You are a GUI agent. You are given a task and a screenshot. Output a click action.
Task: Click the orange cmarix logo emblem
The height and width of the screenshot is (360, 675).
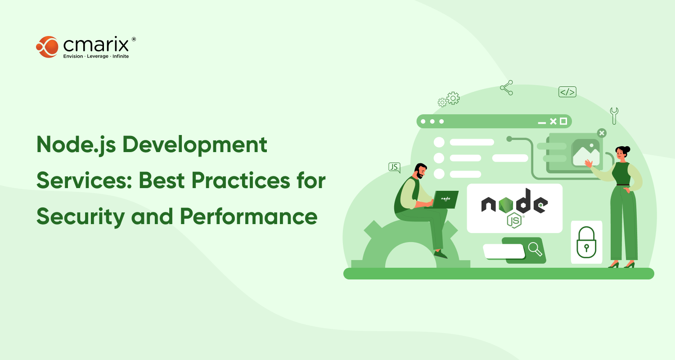[47, 47]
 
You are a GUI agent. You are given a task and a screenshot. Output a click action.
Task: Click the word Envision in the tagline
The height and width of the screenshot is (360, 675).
[73, 56]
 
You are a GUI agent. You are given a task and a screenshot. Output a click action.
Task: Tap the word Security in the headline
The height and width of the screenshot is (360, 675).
[81, 217]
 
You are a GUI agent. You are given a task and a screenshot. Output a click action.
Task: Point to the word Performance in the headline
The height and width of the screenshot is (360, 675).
[248, 216]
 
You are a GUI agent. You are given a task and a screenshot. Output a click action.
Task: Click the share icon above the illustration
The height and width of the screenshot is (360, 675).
[507, 88]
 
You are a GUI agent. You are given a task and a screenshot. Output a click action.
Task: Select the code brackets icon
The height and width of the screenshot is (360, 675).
[567, 92]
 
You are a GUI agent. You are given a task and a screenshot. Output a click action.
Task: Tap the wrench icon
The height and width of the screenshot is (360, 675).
[614, 116]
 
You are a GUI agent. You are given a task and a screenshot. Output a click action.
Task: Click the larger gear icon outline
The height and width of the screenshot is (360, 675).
[453, 98]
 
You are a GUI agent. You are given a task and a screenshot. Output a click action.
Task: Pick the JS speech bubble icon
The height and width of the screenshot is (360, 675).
[395, 167]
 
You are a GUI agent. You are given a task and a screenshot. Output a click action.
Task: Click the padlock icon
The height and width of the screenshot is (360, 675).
[586, 243]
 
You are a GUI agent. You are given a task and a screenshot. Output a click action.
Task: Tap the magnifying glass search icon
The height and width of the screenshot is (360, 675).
[535, 249]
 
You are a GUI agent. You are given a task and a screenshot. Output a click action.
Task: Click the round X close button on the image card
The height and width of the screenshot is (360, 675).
[602, 133]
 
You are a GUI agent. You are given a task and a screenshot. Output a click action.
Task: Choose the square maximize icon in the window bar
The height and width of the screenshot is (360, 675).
[563, 121]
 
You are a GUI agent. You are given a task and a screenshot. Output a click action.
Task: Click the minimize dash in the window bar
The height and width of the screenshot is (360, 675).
[542, 123]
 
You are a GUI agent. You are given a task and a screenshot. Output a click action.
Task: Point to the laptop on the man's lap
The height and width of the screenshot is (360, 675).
[444, 199]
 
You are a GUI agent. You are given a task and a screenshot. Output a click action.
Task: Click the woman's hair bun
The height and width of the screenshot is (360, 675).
[628, 149]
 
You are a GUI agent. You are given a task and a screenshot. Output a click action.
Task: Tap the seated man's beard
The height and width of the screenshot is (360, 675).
[419, 175]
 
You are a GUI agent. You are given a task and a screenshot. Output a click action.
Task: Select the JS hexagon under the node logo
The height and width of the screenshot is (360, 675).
[514, 221]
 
